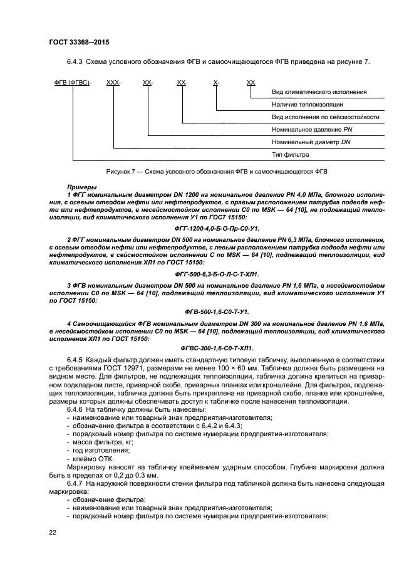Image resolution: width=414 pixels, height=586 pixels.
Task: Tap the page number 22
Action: coord(53,532)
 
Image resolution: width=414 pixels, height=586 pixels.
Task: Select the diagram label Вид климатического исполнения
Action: coord(319,92)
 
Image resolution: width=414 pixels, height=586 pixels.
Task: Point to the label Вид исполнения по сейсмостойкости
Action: coord(325,117)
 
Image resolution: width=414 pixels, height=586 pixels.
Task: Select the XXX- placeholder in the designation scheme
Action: coord(114,83)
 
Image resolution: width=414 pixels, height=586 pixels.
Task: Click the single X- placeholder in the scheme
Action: coord(216,83)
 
